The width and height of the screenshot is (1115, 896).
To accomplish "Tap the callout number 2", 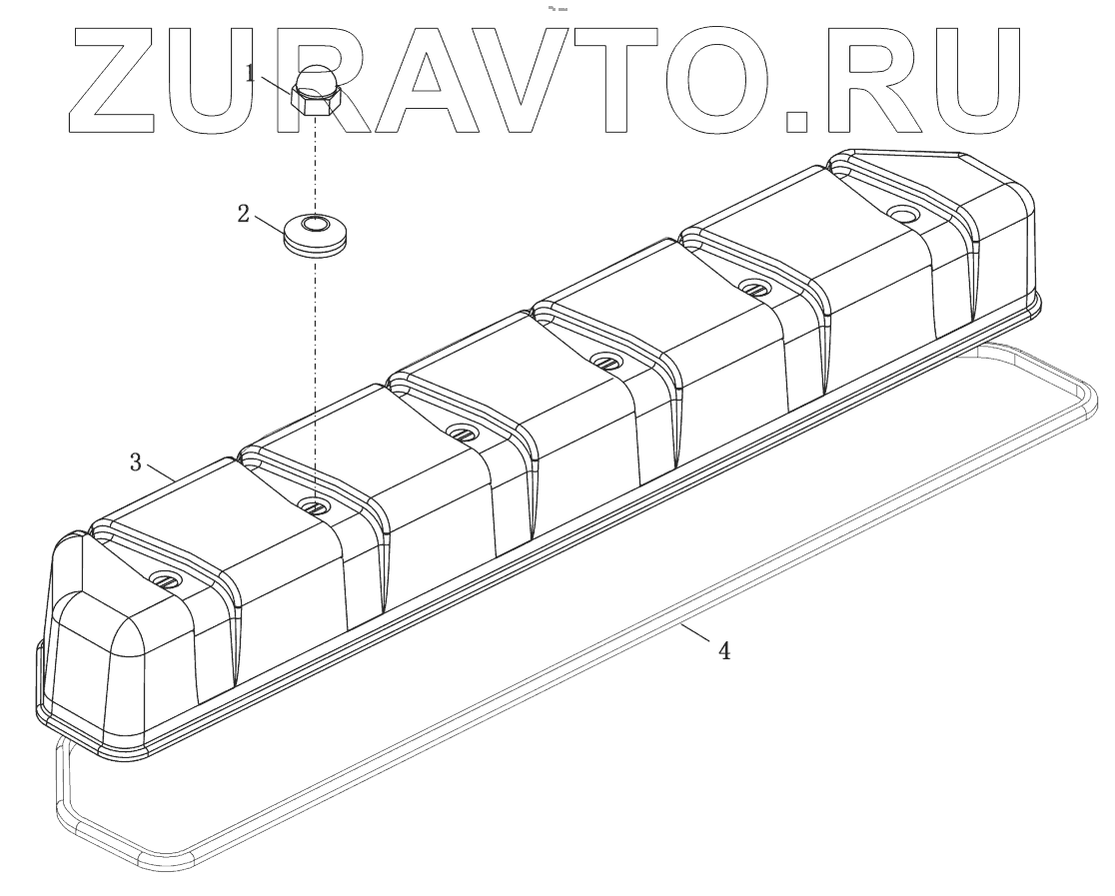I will pos(243,214).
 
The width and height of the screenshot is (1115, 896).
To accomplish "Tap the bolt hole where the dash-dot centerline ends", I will pos(315,505).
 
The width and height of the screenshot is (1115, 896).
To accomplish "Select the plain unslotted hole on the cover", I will pos(903,215).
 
